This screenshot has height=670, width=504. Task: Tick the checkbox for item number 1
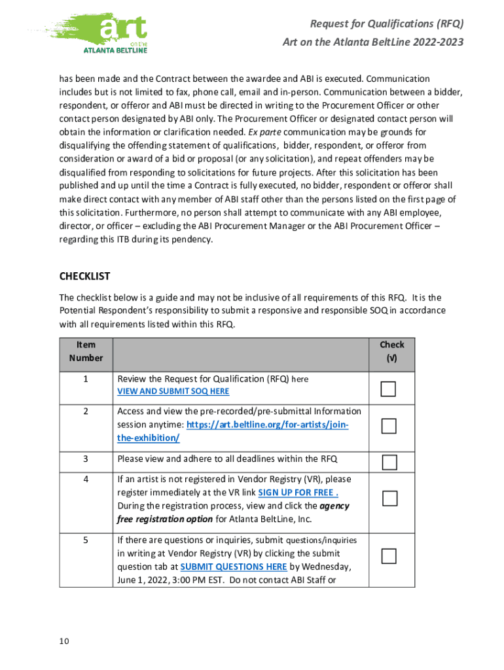pos(389,389)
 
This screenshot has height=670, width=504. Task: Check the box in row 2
pos(389,426)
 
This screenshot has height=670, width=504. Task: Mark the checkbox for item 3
pos(389,463)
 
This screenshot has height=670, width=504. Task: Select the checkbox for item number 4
pos(389,499)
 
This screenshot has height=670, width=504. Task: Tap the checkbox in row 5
pos(389,556)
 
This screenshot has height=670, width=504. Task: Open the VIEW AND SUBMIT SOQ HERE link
pos(173,391)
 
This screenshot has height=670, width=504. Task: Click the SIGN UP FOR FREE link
pos(298,492)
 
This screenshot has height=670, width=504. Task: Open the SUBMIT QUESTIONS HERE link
pos(233,567)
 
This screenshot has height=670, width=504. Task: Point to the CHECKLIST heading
pos(85,276)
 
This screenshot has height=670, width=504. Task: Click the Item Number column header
pos(86,351)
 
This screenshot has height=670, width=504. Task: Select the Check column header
pos(391,351)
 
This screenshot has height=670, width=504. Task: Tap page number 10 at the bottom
pos(63,641)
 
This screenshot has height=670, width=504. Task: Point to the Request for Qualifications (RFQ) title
pos(386,24)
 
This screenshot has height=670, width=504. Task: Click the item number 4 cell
pos(86,479)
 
